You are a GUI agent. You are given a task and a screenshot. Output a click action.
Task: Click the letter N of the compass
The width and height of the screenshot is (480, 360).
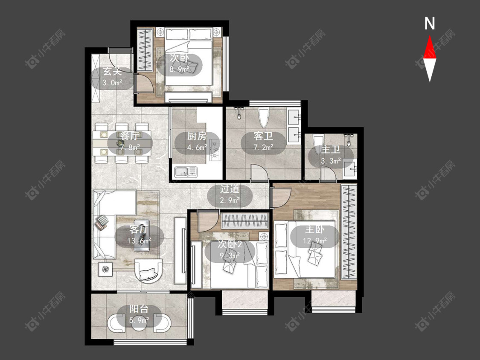430,23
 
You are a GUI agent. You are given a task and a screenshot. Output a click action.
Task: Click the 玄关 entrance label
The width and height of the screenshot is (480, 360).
112,71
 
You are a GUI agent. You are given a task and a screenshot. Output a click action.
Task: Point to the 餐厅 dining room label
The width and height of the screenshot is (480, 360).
129,136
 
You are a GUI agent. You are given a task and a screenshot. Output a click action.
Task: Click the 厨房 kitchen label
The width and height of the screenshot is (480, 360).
197,136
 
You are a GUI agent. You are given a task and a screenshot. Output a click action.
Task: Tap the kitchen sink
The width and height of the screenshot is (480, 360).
186,172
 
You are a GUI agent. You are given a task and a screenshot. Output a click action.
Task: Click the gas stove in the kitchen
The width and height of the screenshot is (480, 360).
215,150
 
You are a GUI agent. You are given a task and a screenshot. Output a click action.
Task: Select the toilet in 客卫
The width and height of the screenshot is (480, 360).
263,117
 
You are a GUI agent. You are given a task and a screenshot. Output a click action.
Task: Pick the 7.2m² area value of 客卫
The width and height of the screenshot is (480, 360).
263,147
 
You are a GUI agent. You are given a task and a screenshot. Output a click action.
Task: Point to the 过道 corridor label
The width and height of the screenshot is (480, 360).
230,189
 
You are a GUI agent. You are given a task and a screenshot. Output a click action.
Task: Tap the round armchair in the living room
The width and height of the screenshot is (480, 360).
148,270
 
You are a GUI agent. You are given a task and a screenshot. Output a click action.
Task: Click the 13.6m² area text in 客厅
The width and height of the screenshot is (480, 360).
139,241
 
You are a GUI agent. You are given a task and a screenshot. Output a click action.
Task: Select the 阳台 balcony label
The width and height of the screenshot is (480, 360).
139,308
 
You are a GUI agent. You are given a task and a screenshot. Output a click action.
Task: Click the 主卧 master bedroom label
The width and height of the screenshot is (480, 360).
314,229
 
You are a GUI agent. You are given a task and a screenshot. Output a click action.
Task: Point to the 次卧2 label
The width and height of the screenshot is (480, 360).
230,244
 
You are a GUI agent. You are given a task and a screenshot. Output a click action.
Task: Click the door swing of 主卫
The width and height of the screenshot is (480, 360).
328,173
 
